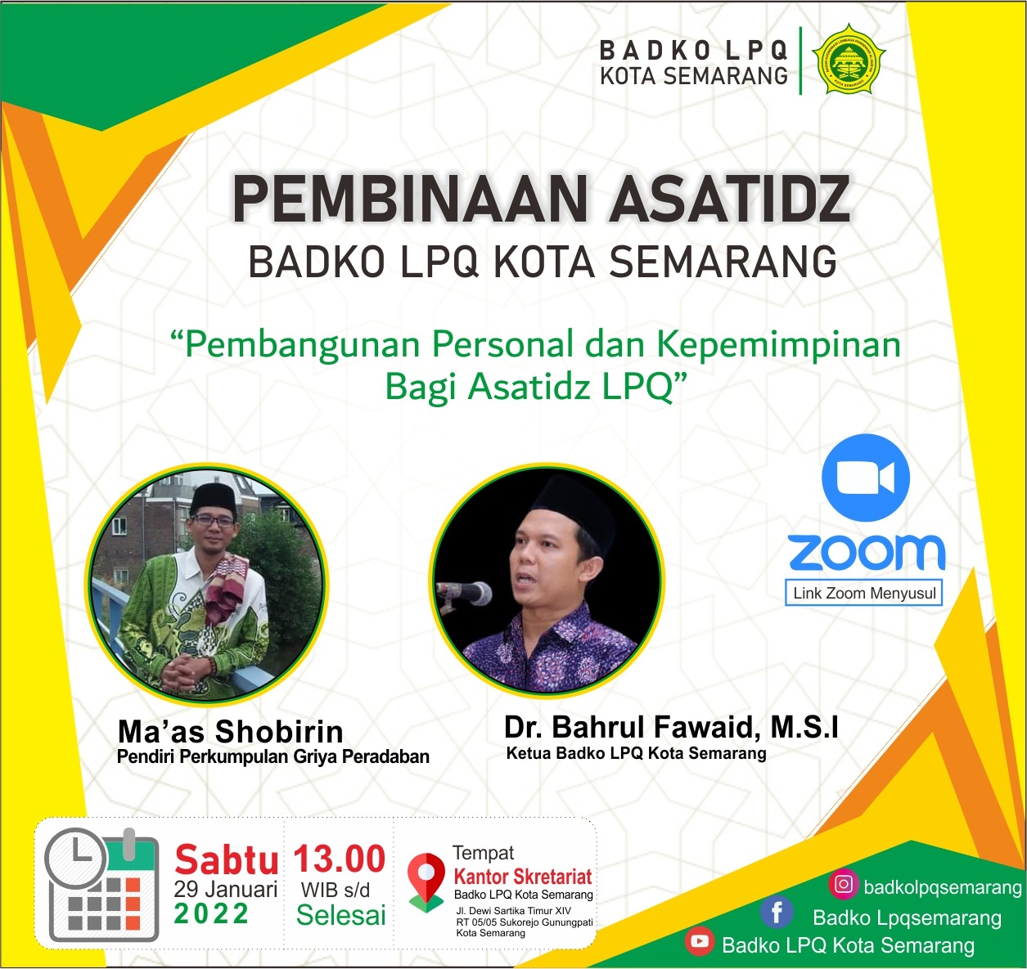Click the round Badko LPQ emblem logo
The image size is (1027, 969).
click(x=849, y=59)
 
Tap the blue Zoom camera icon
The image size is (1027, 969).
click(x=866, y=478)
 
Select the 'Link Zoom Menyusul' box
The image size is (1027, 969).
click(x=863, y=593)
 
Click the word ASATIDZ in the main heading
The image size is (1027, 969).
click(x=730, y=199)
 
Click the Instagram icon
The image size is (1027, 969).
click(x=844, y=884)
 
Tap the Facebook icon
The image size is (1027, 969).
click(x=777, y=913)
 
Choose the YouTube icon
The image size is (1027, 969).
click(x=700, y=941)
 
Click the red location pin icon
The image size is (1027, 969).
click(x=426, y=878)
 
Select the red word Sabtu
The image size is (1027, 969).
click(x=227, y=860)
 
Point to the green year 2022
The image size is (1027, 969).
click(x=211, y=913)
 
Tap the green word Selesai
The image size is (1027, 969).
click(x=341, y=915)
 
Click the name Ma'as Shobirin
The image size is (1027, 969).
click(x=231, y=731)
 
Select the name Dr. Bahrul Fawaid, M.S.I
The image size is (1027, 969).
click(x=671, y=727)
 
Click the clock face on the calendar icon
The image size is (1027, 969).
click(x=75, y=859)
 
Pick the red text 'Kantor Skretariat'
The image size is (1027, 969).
click(x=523, y=877)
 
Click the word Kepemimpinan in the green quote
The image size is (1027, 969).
click(x=779, y=346)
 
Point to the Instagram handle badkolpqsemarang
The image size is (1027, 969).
click(x=943, y=887)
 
